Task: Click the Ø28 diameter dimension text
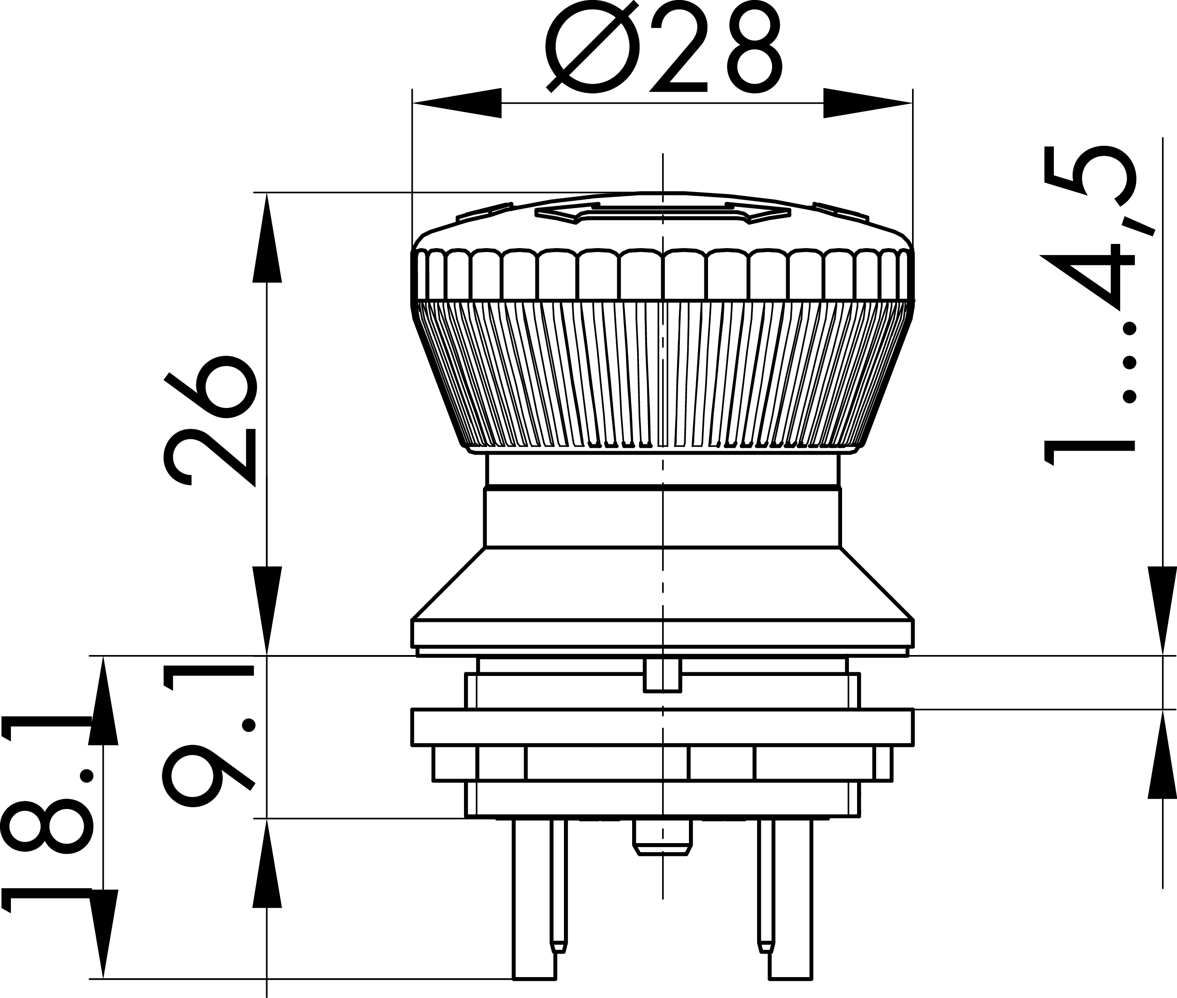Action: (x=663, y=47)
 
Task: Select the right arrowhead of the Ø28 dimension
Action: (x=868, y=103)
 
